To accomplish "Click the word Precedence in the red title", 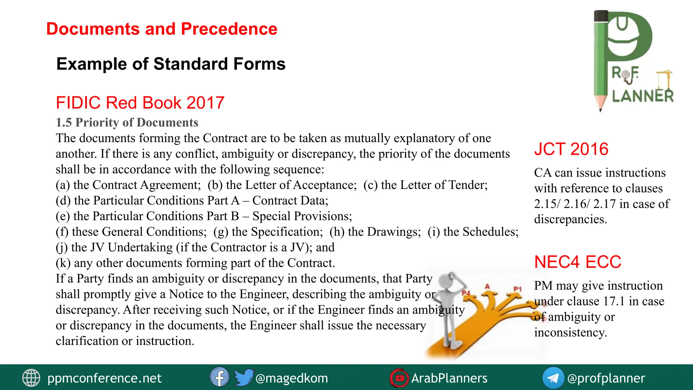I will click(x=229, y=29).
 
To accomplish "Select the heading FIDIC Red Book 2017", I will click(x=140, y=103).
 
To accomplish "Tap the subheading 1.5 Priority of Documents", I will click(x=127, y=122).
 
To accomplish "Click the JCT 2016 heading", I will click(x=571, y=149).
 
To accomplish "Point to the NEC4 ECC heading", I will click(x=578, y=262).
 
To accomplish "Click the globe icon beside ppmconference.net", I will click(x=31, y=378).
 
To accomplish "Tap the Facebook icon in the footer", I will click(x=219, y=377).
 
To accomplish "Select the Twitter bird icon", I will click(x=243, y=377).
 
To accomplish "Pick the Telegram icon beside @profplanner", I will click(x=553, y=378).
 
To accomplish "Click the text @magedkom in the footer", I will click(x=292, y=378).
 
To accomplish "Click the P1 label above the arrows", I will click(x=517, y=289).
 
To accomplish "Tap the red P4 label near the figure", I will click(x=466, y=293).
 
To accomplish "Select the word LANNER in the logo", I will click(x=643, y=96).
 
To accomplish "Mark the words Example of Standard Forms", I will click(x=171, y=64).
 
